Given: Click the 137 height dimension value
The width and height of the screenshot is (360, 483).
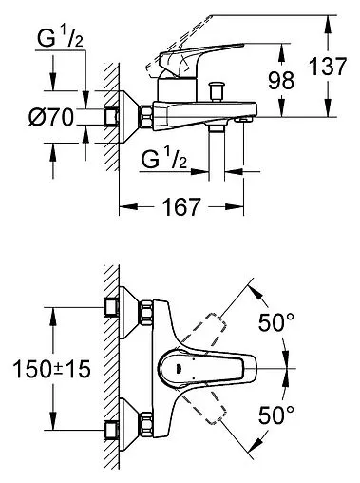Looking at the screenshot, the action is pos(328,67).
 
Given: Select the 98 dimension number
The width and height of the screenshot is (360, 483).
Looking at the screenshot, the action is pos(281,80).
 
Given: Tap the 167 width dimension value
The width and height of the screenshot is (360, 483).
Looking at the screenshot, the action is pos(181,206).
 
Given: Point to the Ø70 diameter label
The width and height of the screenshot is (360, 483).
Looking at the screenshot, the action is pos(51,117).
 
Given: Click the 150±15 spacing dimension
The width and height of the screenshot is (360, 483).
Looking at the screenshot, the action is pos(52,369).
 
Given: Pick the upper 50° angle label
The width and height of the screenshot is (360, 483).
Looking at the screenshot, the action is pos(276,322).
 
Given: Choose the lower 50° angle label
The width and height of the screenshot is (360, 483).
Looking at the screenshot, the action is pos(276,415).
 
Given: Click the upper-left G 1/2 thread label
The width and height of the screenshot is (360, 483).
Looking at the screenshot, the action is pos(60,38).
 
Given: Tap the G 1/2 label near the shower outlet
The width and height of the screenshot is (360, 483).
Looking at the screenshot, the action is pos(163,159).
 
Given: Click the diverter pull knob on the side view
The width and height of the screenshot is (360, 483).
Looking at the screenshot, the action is pos(217,91).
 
